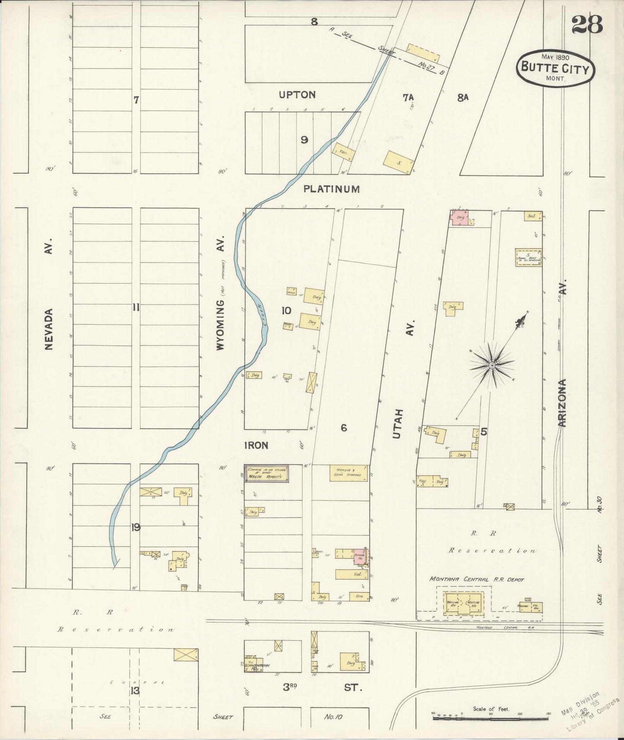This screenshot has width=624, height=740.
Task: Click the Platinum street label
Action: [x=331, y=189]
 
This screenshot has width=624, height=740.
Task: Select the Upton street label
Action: [x=297, y=95]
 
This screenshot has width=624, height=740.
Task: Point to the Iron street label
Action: [x=257, y=445]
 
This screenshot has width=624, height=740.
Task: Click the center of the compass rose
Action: [x=492, y=366]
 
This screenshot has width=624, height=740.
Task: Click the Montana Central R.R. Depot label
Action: [x=476, y=579]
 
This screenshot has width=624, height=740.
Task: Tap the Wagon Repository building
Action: [x=266, y=474]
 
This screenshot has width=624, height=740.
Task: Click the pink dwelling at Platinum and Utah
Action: [x=460, y=218]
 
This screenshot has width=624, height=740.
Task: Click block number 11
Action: [x=136, y=307]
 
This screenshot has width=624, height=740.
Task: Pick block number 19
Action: [x=136, y=527]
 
